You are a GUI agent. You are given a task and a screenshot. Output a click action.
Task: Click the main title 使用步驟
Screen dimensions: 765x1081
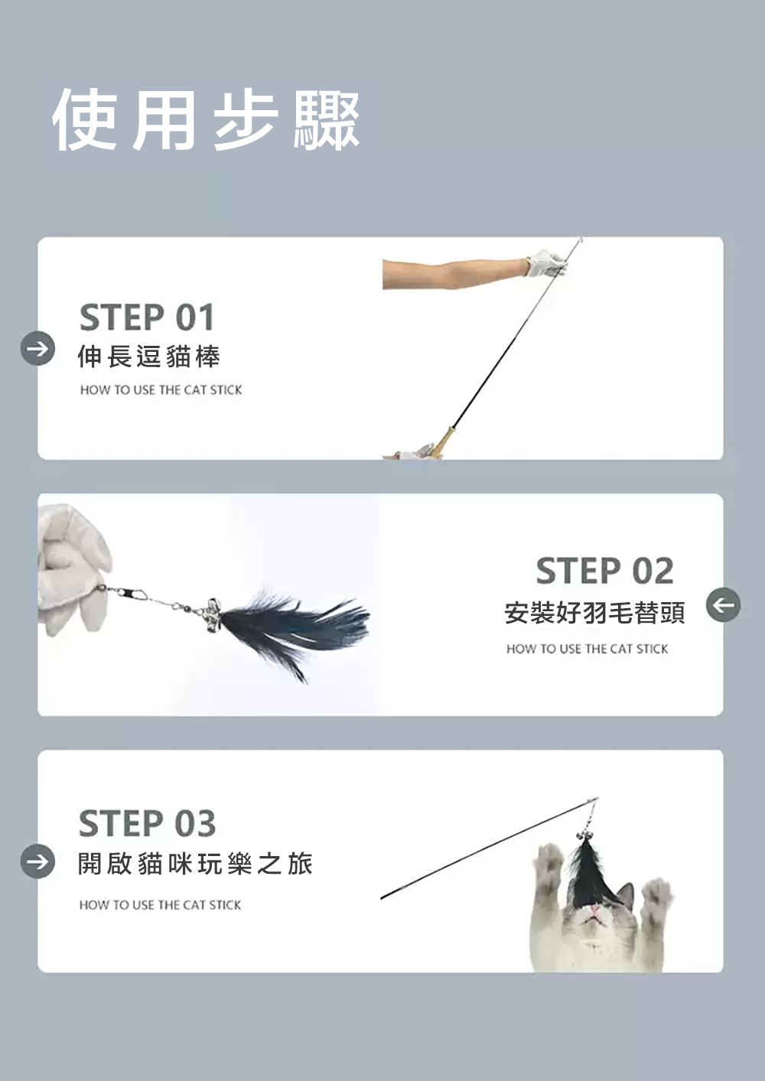pyautogui.click(x=206, y=120)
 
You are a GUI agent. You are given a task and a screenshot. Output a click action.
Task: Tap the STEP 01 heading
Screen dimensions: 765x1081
pyautogui.click(x=147, y=317)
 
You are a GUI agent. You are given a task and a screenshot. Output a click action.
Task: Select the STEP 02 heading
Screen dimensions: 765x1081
pyautogui.click(x=605, y=571)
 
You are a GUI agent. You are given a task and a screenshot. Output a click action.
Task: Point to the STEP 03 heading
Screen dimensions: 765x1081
pyautogui.click(x=147, y=823)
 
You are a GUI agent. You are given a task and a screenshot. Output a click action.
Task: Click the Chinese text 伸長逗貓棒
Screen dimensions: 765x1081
pyautogui.click(x=149, y=357)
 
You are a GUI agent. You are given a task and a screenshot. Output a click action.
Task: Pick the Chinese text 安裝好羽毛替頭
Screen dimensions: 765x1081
pyautogui.click(x=594, y=614)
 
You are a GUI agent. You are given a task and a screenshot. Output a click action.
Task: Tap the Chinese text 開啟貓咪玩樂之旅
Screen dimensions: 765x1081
pyautogui.click(x=196, y=864)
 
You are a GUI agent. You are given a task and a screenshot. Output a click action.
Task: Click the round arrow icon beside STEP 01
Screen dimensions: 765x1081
pyautogui.click(x=37, y=348)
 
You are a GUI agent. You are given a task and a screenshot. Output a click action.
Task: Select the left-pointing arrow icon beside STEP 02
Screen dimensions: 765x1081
pyautogui.click(x=723, y=604)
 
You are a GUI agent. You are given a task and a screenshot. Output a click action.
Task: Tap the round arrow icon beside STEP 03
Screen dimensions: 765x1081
pyautogui.click(x=37, y=861)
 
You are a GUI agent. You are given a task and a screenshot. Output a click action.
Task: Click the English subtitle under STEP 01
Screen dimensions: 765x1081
pyautogui.click(x=161, y=390)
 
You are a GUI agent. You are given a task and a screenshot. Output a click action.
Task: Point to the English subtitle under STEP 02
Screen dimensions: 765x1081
pyautogui.click(x=588, y=649)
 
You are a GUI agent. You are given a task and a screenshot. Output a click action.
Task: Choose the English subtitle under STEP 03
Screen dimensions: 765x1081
pyautogui.click(x=160, y=905)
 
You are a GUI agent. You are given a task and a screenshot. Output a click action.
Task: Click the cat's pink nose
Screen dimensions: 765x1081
pyautogui.click(x=594, y=908)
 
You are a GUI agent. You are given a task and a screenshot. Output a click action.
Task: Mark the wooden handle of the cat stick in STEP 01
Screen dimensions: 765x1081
pyautogui.click(x=442, y=441)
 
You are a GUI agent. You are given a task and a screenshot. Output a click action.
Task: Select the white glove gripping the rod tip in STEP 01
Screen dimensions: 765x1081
pyautogui.click(x=546, y=263)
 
